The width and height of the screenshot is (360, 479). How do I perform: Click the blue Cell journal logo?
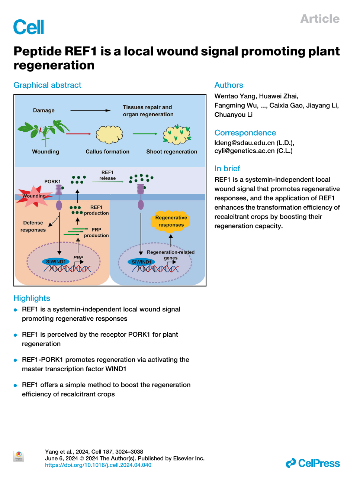29,27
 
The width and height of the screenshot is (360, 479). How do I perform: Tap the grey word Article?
320,19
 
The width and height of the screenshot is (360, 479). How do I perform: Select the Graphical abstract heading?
47,85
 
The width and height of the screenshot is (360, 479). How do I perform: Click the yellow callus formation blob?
109,135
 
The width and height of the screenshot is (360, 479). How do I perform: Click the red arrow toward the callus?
78,134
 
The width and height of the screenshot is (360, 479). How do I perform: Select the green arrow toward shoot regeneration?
145,134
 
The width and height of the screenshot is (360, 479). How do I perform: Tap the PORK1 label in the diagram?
52,181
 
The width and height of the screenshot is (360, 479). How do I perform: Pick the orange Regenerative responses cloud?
171,221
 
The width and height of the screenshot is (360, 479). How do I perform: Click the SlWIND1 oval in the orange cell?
56,262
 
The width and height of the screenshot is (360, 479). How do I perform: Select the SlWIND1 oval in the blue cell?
142,262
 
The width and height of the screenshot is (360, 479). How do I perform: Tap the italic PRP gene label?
78,258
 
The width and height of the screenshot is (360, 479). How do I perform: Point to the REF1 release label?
107,175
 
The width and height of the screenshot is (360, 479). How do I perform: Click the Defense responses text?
33,226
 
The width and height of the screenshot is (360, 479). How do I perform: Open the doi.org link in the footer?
98,465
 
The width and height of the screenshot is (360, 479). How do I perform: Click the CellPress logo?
313,463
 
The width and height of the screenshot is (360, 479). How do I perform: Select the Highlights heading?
32,298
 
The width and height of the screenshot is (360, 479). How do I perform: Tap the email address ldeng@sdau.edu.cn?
244,143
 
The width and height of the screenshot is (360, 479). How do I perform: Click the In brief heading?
227,168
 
